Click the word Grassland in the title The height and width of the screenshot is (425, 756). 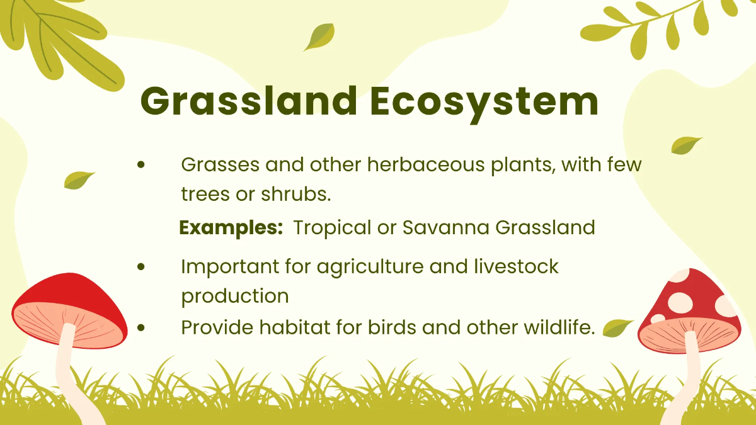[x=249, y=101]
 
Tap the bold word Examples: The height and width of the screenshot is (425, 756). [x=231, y=228]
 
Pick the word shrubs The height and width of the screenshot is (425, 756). [x=296, y=194]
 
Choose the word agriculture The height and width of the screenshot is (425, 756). [x=370, y=268]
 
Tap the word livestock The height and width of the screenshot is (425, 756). [x=516, y=266]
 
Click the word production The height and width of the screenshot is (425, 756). [x=235, y=297]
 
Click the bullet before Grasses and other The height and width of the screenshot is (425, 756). [x=141, y=165]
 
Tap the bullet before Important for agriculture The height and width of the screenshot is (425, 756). [x=141, y=267]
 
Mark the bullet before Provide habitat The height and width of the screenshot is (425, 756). [x=141, y=327]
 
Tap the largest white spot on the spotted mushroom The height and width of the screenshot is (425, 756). [x=680, y=302]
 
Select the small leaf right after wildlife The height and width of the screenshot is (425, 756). [x=617, y=328]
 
